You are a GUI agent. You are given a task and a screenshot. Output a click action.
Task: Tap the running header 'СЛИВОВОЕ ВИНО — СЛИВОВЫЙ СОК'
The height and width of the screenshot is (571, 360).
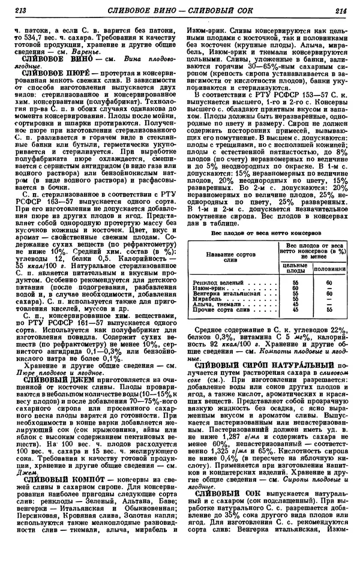click(x=179, y=9)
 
